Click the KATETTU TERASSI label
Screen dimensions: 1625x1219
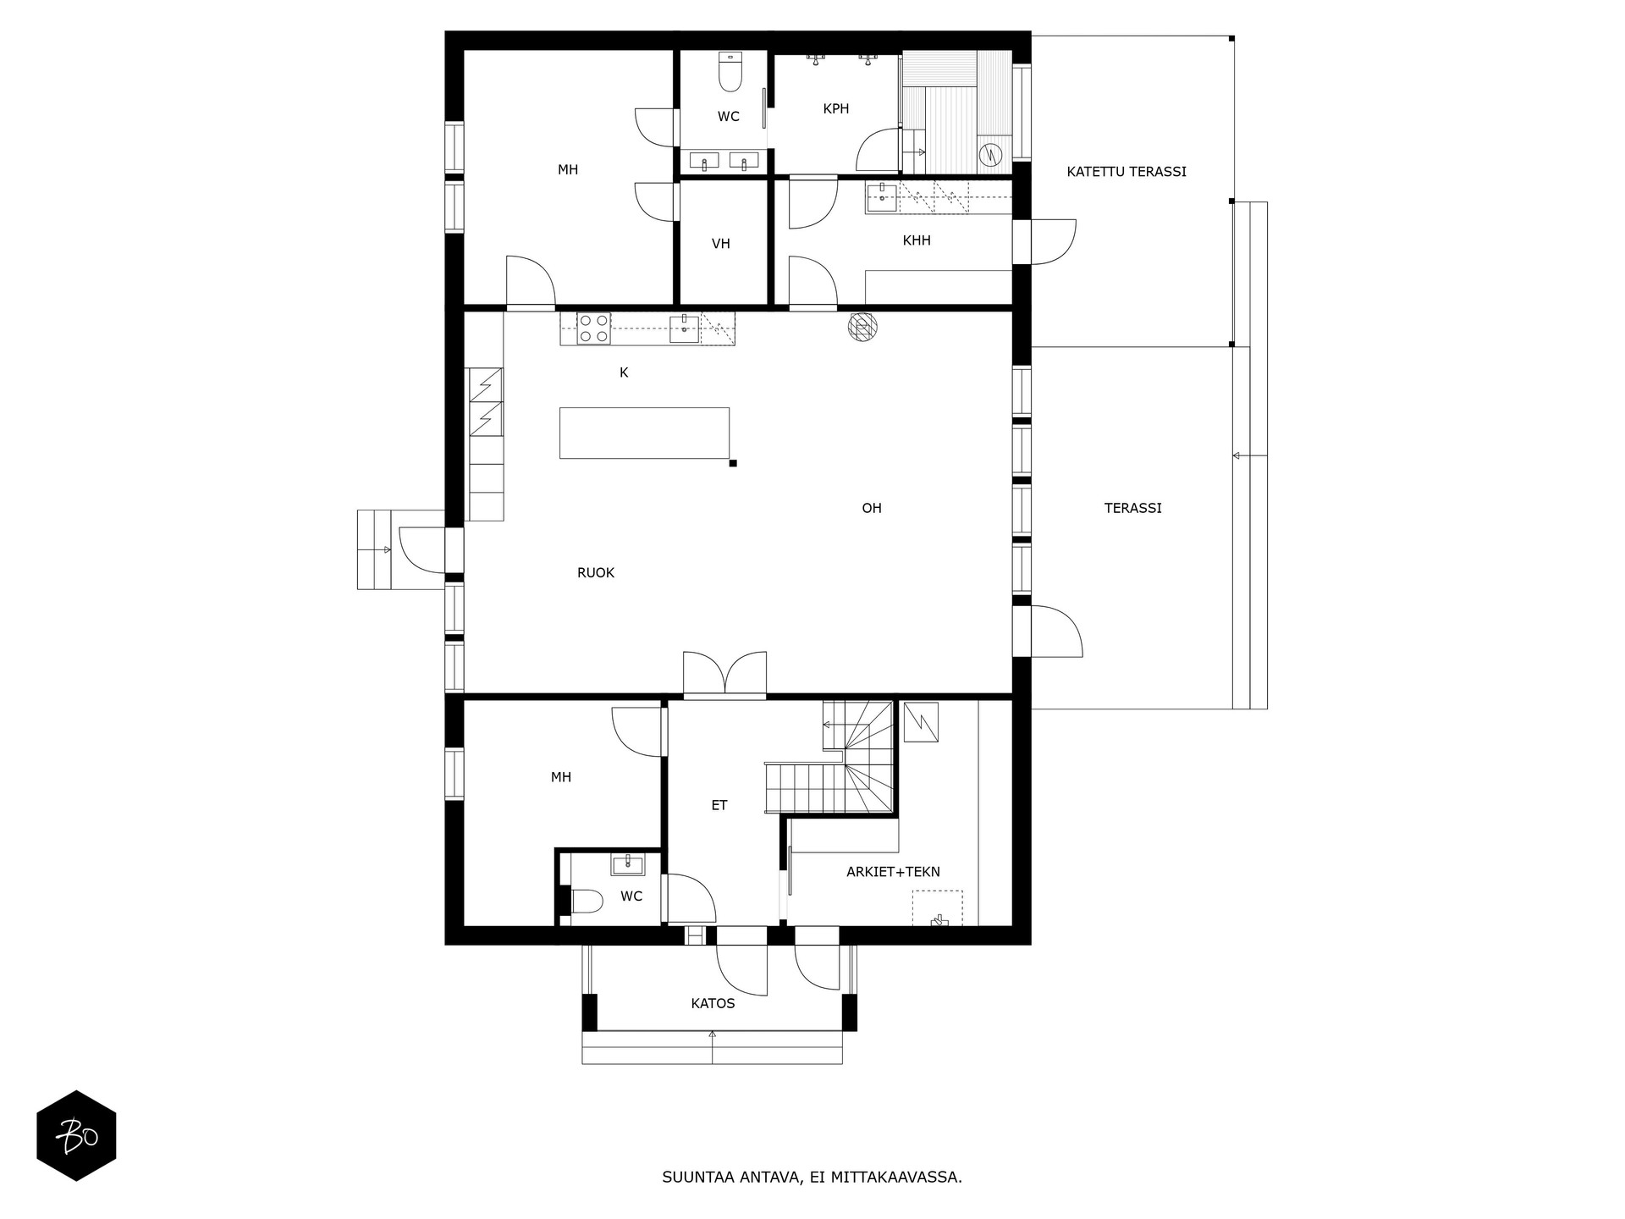[1126, 172]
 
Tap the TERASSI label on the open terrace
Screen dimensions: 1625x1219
[1132, 508]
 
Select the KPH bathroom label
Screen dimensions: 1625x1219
[835, 108]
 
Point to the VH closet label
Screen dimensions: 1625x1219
[720, 244]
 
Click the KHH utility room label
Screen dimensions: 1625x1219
[917, 240]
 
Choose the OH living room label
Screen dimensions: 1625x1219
[872, 508]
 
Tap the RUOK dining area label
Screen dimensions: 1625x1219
[596, 573]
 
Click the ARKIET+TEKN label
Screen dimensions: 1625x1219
[893, 872]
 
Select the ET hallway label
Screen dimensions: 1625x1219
[719, 806]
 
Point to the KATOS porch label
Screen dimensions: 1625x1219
[713, 1004]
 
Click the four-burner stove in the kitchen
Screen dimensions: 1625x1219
[593, 328]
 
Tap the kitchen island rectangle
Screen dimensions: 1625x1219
[644, 433]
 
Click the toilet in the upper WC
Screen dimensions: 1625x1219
[730, 72]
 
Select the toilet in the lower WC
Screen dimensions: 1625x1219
[587, 902]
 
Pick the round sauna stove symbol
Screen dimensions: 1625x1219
[989, 155]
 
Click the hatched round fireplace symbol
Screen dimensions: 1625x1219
[861, 328]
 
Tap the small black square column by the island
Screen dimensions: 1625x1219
[733, 463]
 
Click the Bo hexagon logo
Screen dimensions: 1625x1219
[76, 1135]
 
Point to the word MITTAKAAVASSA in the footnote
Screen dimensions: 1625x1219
[896, 1178]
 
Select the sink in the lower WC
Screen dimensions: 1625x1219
[627, 864]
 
